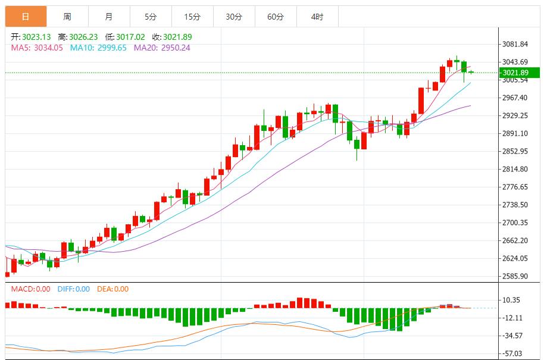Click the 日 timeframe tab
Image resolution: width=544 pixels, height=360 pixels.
pos(26,17)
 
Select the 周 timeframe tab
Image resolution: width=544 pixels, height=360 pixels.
pos(67,17)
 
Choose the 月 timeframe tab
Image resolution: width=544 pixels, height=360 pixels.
pos(109,17)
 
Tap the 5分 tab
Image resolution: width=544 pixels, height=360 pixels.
pos(151,17)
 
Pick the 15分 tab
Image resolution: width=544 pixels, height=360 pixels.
pos(192,17)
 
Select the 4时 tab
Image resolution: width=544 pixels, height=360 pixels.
pos(317,17)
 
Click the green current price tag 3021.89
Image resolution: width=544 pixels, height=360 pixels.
pos(516,73)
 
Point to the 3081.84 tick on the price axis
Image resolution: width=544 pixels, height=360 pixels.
pos(515,44)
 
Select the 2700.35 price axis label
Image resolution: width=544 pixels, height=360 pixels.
pos(515,223)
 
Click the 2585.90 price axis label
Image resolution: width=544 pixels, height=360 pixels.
pos(515,276)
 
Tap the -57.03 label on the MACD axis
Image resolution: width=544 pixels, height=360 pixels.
pos(512,353)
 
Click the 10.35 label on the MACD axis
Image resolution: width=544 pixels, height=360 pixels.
pos(511,300)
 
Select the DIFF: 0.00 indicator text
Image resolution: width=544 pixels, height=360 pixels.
pos(73,289)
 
